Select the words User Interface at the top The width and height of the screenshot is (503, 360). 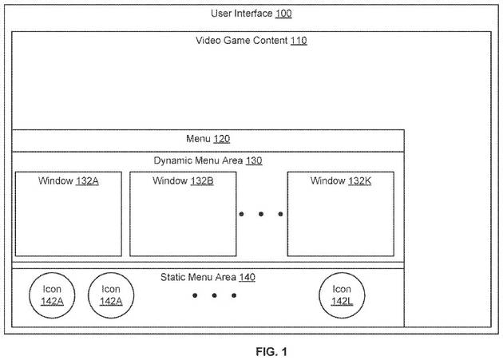[240, 14]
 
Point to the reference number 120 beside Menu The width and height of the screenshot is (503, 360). [221, 139]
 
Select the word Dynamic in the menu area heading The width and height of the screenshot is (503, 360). [173, 160]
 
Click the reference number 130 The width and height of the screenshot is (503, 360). [254, 160]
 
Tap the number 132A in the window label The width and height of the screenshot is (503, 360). [87, 181]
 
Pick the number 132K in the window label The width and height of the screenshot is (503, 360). [359, 181]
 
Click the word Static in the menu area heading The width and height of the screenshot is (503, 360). [175, 277]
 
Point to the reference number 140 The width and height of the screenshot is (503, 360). [248, 277]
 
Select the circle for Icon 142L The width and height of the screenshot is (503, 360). [341, 295]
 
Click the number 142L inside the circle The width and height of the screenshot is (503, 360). [341, 302]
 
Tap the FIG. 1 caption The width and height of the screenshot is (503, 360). [252, 350]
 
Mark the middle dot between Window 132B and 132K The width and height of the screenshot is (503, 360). [260, 214]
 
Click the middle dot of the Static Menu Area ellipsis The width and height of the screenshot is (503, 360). [215, 295]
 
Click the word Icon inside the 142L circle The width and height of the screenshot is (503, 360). [341, 289]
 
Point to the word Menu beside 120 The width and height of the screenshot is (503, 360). [198, 139]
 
